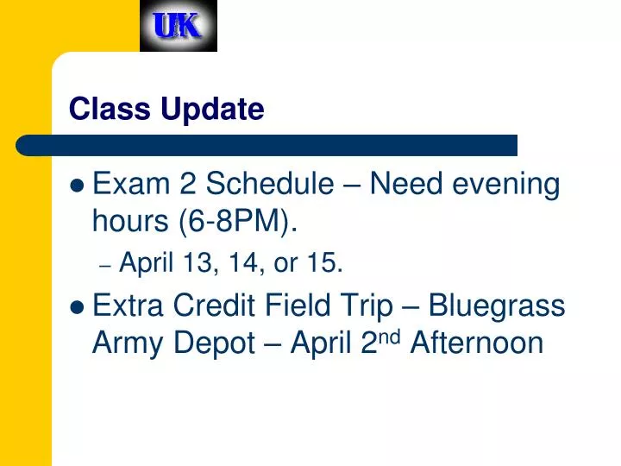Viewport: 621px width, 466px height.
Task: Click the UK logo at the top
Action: click(179, 26)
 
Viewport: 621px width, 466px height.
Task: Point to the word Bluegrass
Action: click(497, 305)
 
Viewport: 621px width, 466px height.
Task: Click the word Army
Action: click(127, 343)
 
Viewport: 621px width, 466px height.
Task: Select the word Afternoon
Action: click(477, 343)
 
